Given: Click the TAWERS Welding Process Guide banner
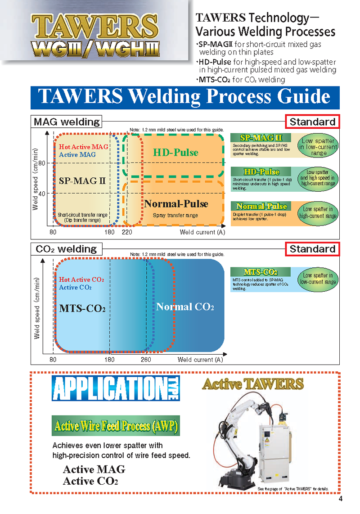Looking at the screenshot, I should point(184,97).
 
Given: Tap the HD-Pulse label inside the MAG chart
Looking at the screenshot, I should point(175,153).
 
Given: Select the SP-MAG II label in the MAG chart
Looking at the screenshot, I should point(82,181).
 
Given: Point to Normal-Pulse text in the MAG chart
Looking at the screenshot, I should point(176,204).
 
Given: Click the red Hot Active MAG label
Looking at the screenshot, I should point(83,147).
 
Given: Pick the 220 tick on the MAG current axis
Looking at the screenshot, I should point(126,232).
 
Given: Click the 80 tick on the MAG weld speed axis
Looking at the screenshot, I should point(41,163).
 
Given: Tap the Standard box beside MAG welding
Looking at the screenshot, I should point(312,122).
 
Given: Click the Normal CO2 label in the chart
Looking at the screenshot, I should point(184,307).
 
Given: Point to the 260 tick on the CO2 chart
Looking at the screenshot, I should point(146,360).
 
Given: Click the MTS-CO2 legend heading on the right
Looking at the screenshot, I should point(261,272).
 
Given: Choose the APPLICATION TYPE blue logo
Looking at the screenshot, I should point(116,388).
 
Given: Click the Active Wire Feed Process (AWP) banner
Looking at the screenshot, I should point(116,426).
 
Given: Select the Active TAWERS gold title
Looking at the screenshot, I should point(253,384).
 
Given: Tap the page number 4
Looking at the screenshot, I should point(341,499).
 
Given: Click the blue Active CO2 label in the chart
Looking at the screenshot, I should point(75,288).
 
